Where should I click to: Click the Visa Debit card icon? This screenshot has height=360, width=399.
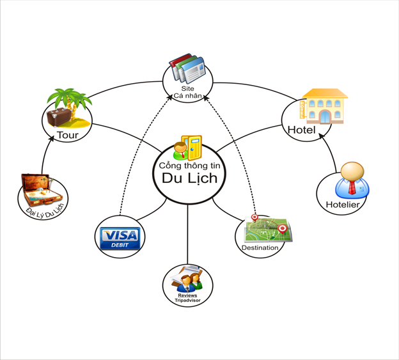tap(120, 238)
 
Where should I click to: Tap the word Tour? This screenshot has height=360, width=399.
tap(68, 135)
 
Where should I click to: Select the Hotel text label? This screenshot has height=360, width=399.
tap(302, 130)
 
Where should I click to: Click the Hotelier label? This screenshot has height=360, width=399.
tap(343, 205)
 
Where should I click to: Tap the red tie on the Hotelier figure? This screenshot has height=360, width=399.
tap(352, 187)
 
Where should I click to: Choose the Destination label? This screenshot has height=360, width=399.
tap(260, 247)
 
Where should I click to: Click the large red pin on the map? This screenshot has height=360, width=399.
tap(282, 229)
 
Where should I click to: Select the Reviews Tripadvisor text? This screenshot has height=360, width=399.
tap(187, 298)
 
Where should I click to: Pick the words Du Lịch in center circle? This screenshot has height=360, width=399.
tap(189, 178)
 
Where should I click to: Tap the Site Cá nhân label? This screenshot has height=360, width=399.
tap(187, 92)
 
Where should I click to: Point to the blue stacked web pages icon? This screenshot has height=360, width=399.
tap(187, 68)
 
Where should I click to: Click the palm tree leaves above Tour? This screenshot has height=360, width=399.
tap(69, 98)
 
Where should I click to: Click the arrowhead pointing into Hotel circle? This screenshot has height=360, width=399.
tap(322, 135)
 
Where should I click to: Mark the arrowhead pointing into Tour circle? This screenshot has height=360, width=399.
tap(52, 138)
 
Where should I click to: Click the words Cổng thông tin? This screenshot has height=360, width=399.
tap(189, 166)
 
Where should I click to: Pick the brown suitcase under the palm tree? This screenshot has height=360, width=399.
tap(59, 117)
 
